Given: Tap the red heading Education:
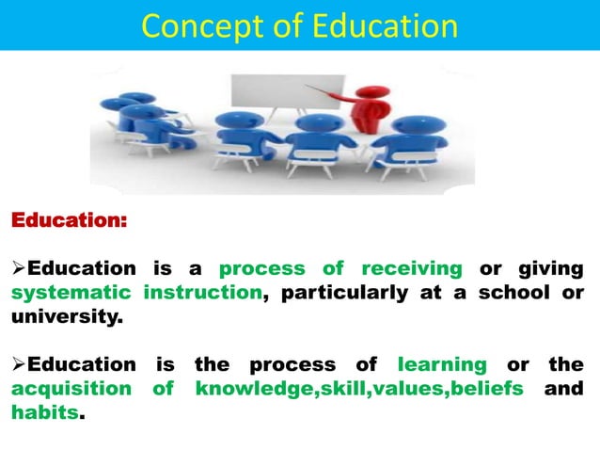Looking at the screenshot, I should coord(67,222).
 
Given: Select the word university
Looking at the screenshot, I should coord(65,316).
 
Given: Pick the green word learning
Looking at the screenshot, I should coord(442,364).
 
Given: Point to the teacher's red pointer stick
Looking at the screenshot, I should coord(324,90).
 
